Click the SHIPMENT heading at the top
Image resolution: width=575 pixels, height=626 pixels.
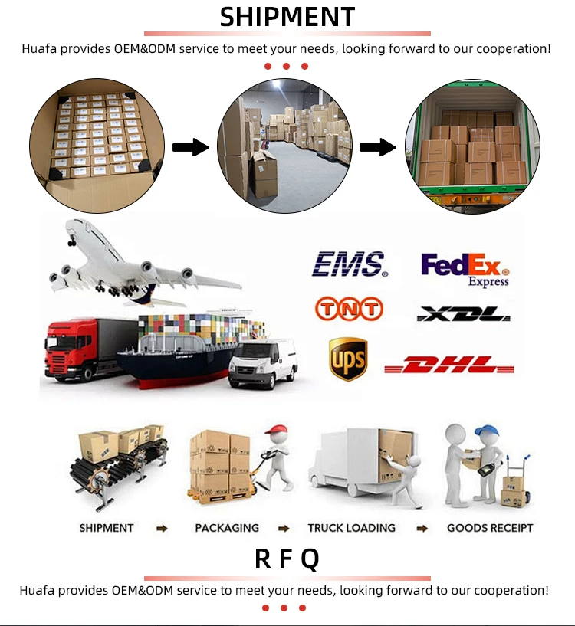pos(287,17)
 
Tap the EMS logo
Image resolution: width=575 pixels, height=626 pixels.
pos(349,264)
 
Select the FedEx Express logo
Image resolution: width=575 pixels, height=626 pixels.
pos(465,269)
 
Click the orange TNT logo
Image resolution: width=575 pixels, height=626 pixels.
pos(349,309)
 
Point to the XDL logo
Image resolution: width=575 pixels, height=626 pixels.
pos(463,313)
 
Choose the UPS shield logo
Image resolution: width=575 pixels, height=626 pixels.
pos(348,359)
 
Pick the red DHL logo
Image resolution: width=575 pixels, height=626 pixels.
pos(449,365)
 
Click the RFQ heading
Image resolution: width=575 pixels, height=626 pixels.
pos(287,559)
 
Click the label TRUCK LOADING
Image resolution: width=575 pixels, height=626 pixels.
pos(352,528)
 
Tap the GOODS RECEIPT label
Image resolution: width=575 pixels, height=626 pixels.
pos(490,528)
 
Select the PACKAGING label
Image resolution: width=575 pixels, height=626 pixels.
pos(227,528)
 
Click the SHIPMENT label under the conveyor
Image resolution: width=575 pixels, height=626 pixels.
pos(107,528)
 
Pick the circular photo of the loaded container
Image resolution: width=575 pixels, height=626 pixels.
pos(472,148)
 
